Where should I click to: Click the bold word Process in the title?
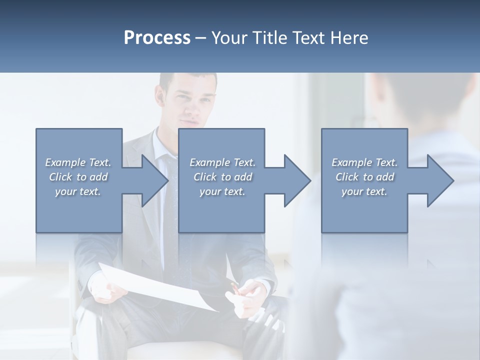pyautogui.click(x=157, y=38)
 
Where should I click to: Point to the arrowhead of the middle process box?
pyautogui.click(x=296, y=180)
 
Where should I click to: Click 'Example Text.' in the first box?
pyautogui.click(x=78, y=162)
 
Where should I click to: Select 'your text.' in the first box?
pyautogui.click(x=78, y=191)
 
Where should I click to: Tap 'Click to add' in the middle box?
pyautogui.click(x=222, y=177)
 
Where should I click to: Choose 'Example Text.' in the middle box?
pyautogui.click(x=222, y=162)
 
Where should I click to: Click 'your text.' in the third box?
pyautogui.click(x=364, y=191)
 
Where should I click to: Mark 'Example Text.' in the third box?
pyautogui.click(x=364, y=162)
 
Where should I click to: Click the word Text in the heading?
pyautogui.click(x=309, y=38)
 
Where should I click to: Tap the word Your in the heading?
pyautogui.click(x=230, y=38)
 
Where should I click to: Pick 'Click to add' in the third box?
pyautogui.click(x=364, y=177)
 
